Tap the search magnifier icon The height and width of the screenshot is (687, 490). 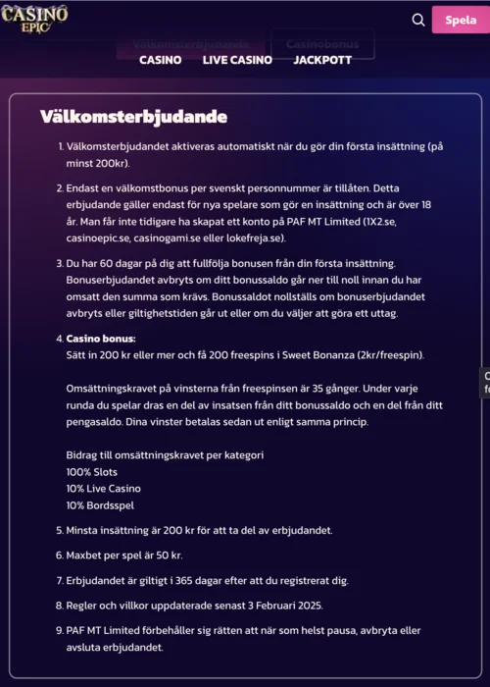tap(418, 20)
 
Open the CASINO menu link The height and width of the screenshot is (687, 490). tap(160, 60)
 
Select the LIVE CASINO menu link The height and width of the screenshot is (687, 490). tap(237, 60)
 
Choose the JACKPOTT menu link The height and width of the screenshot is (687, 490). tap(322, 60)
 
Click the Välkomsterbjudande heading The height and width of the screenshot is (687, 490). tap(133, 117)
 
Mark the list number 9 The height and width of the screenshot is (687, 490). tap(58, 631)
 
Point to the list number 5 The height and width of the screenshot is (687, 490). tap(58, 530)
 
